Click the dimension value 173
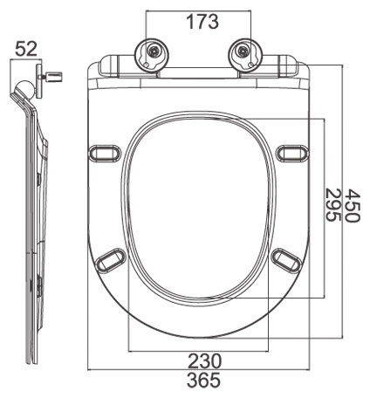pos(201,21)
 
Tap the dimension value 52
pos(26,49)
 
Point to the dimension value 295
pos(332,208)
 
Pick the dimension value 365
pos(200,381)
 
